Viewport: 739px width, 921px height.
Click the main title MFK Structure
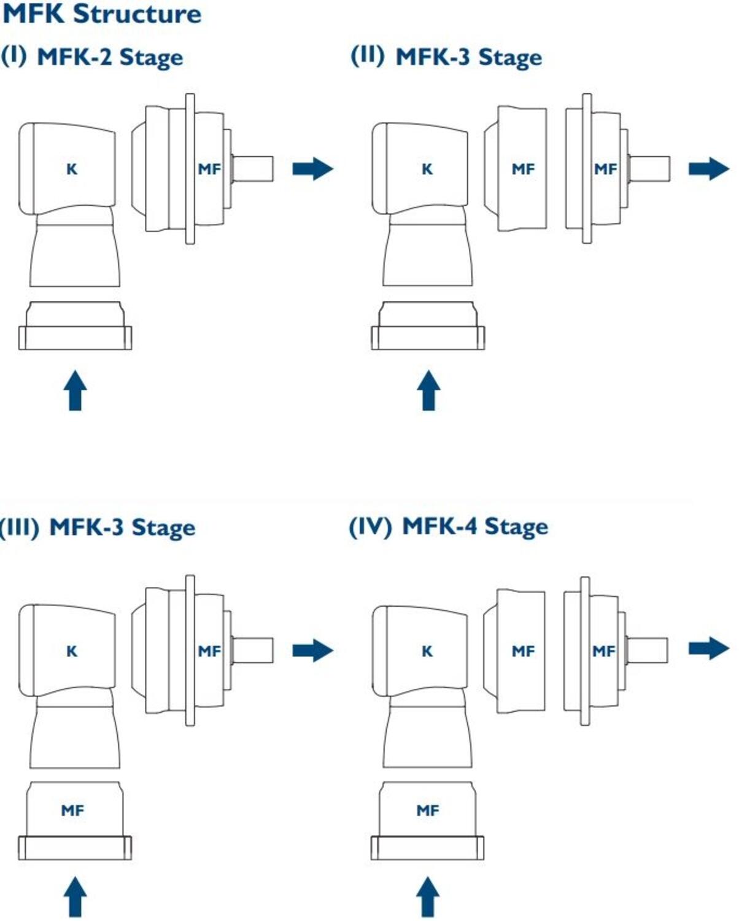(102, 14)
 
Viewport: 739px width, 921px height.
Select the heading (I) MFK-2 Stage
(92, 57)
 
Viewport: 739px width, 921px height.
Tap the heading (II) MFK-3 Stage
(446, 57)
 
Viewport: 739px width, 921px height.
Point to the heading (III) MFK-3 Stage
(97, 527)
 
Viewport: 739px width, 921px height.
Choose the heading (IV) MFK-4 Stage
(448, 527)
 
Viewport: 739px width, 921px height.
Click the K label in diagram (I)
(72, 169)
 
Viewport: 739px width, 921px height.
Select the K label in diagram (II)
(427, 169)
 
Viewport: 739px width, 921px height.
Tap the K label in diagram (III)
(72, 651)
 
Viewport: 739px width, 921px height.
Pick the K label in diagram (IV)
(427, 651)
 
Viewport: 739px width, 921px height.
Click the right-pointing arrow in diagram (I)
(313, 169)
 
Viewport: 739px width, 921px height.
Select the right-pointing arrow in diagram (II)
(709, 169)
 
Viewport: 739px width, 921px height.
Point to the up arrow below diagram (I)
(75, 391)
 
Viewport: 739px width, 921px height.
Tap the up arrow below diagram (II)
(428, 391)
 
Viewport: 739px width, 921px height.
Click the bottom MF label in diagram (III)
(72, 811)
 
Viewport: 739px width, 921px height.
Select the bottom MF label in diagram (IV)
(428, 811)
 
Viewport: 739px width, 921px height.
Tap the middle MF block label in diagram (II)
(523, 169)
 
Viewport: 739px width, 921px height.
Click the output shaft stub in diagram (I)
(253, 169)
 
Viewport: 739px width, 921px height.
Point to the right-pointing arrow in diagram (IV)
(709, 648)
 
